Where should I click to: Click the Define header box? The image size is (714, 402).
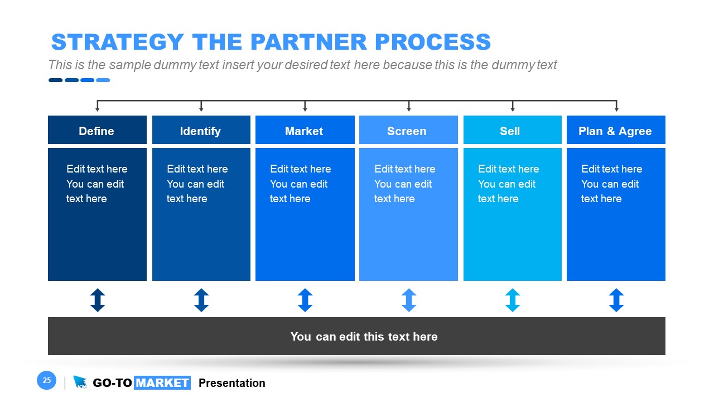point(97,131)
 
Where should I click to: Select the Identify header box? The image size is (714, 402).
point(201,131)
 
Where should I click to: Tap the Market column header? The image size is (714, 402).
point(305,131)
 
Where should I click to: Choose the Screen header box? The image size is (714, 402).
point(408,131)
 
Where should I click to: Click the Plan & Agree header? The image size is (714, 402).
point(615,131)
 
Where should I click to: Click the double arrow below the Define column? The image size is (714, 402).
point(98,300)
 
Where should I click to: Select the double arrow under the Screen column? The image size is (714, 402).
point(409,300)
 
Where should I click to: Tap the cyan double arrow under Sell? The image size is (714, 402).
point(513,300)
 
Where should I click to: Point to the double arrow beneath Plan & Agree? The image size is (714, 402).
point(616,300)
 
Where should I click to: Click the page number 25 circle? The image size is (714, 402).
point(47,381)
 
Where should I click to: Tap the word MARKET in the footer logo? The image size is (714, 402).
point(162,383)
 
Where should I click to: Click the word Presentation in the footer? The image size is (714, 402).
point(231,383)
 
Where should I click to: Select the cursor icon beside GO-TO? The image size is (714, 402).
point(80,382)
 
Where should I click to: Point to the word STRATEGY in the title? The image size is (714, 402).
point(117,42)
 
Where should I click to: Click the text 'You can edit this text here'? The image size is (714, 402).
point(364,336)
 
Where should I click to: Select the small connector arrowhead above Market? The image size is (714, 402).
point(305,109)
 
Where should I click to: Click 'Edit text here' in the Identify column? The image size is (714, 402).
point(197,169)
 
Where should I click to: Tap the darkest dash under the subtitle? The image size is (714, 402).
point(55,80)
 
